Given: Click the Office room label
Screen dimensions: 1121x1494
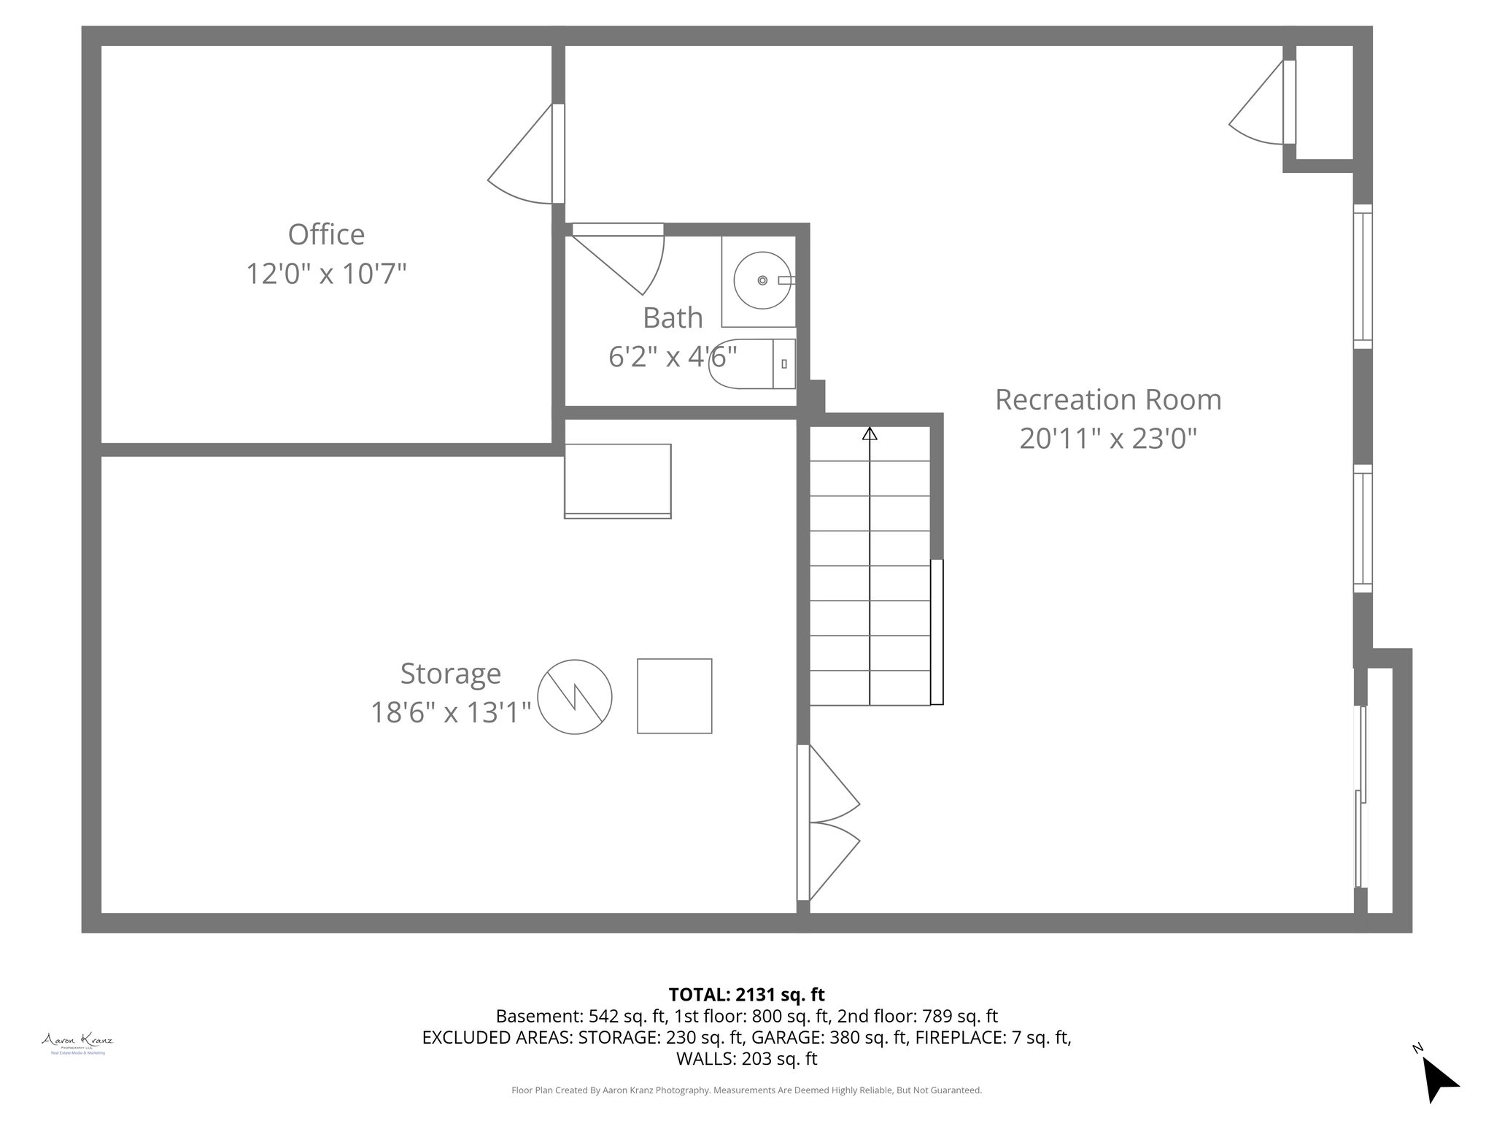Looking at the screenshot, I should [326, 235].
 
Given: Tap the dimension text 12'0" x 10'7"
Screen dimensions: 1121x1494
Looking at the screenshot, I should [326, 274].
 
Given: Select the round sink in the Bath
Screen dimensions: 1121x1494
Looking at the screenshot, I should [762, 280].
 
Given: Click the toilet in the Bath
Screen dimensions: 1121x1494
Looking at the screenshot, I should [751, 363].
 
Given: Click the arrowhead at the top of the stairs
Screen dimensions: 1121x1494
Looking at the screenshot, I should [870, 434].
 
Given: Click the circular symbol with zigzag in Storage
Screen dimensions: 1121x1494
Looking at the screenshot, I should [575, 696].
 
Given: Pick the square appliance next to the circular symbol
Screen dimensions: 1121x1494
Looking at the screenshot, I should [674, 696].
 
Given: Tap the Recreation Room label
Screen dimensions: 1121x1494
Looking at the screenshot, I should [1107, 400].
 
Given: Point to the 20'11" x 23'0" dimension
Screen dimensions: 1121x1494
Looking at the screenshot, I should [1107, 439].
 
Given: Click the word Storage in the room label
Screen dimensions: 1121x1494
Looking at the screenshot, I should [450, 674].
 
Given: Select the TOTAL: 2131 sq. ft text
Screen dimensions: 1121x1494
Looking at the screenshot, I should [746, 995].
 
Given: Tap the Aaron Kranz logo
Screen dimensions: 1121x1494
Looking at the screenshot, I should [77, 1040].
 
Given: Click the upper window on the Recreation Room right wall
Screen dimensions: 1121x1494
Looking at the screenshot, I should [1362, 277].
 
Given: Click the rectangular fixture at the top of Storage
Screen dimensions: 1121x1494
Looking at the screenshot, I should [617, 481].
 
